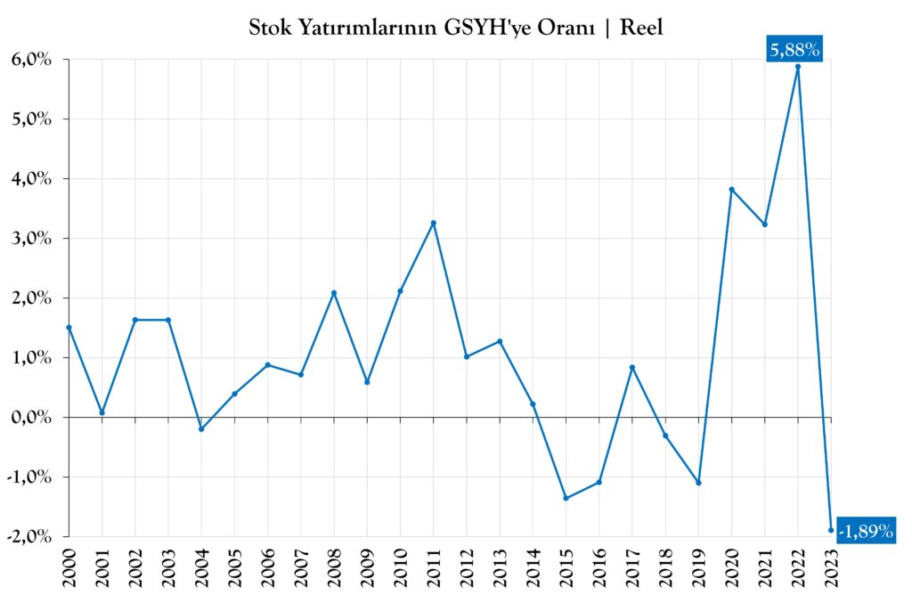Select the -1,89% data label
[865, 531]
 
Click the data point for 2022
[797, 67]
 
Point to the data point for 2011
[433, 223]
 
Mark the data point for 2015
[566, 498]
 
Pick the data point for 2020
[731, 189]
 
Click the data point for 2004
[201, 429]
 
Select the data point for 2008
[333, 293]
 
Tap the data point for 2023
[831, 530]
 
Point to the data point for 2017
[631, 367]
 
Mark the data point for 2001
[102, 412]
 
